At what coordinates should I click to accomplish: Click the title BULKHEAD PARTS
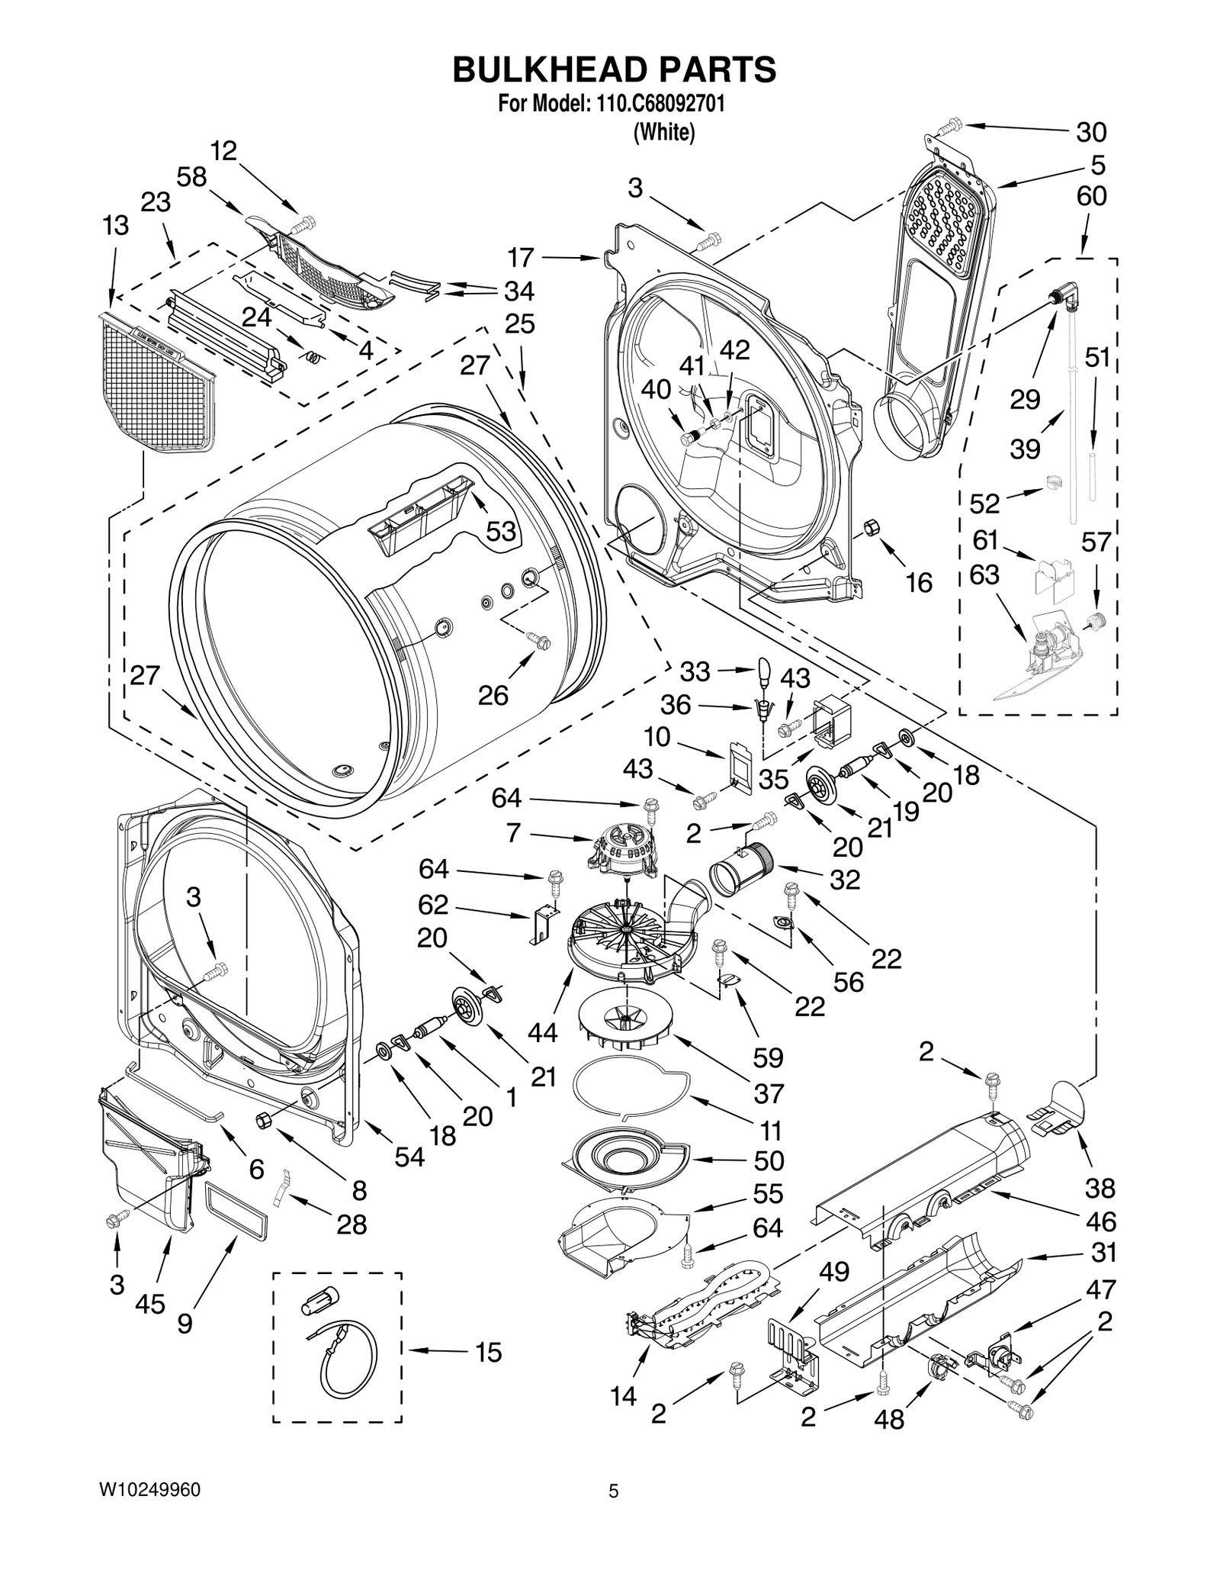[x=614, y=69]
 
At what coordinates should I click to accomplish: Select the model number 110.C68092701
[x=656, y=105]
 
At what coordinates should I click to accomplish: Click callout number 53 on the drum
[x=501, y=531]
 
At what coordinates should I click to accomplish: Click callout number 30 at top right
[x=1090, y=132]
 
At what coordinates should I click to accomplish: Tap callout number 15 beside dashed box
[x=488, y=1353]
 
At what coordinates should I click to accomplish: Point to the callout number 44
[x=543, y=1032]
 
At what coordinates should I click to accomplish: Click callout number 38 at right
[x=1100, y=1188]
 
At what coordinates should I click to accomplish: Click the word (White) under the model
[x=664, y=133]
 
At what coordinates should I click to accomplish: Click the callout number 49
[x=833, y=1272]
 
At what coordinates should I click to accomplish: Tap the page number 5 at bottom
[x=613, y=1512]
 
